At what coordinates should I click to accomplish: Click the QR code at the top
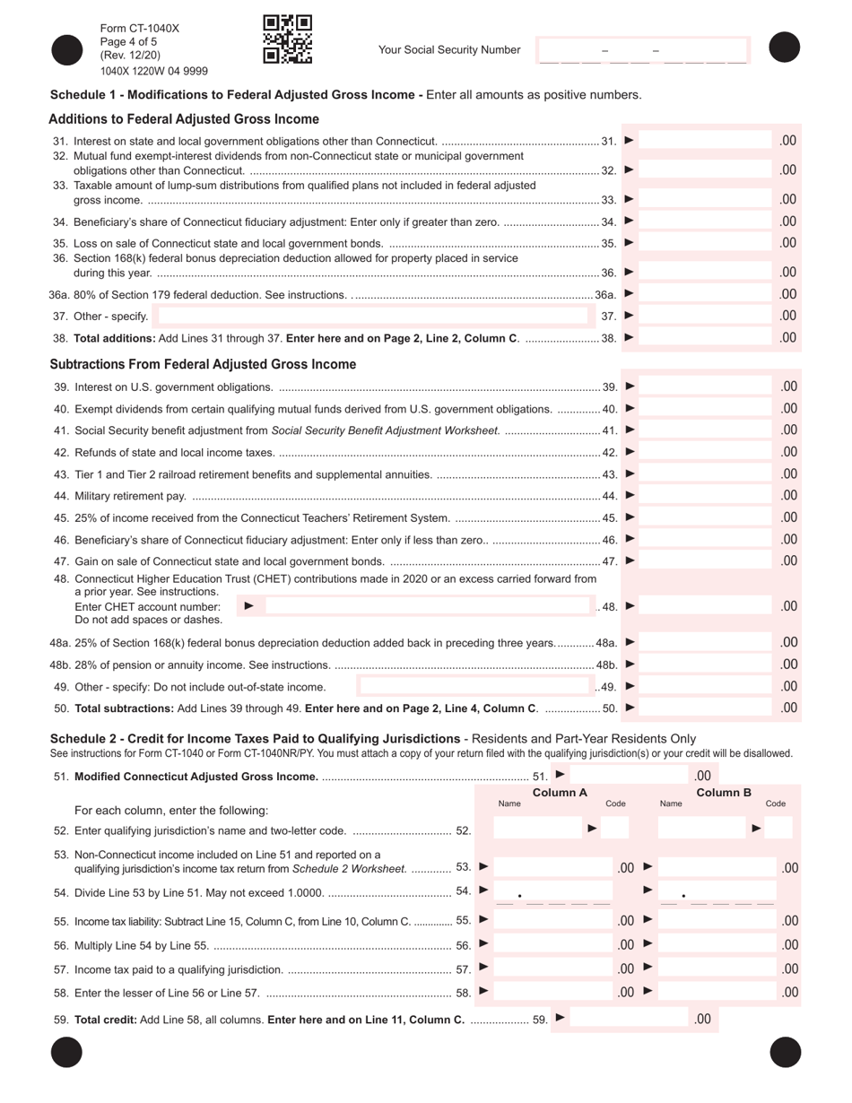point(287,39)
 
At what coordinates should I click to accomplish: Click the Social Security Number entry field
point(642,50)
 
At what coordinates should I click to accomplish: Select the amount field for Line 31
point(706,141)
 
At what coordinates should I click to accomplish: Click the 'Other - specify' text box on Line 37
point(371,316)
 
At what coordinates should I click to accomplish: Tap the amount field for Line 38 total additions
point(706,338)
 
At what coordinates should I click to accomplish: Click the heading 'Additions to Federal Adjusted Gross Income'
point(184,119)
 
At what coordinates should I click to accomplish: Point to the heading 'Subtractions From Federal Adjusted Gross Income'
point(203,364)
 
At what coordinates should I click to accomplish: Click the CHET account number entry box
point(428,606)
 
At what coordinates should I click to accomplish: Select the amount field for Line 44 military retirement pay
point(706,496)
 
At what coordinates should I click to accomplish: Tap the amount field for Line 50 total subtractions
point(706,708)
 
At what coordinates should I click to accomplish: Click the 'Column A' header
point(560,793)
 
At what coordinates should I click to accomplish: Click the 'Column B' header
point(723,793)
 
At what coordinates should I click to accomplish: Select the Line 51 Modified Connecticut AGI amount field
point(628,776)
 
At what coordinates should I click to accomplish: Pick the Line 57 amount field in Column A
point(552,968)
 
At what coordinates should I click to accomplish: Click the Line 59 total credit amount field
point(628,1019)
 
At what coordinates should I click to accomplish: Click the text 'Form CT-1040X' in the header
point(140,29)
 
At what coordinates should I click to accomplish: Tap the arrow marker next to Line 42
point(630,452)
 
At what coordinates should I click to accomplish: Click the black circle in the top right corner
point(784,48)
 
